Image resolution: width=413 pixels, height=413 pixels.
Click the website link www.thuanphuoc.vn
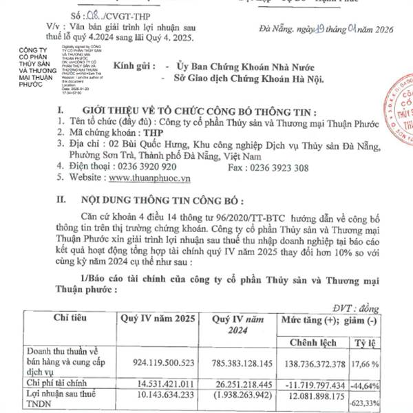coord(149,177)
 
